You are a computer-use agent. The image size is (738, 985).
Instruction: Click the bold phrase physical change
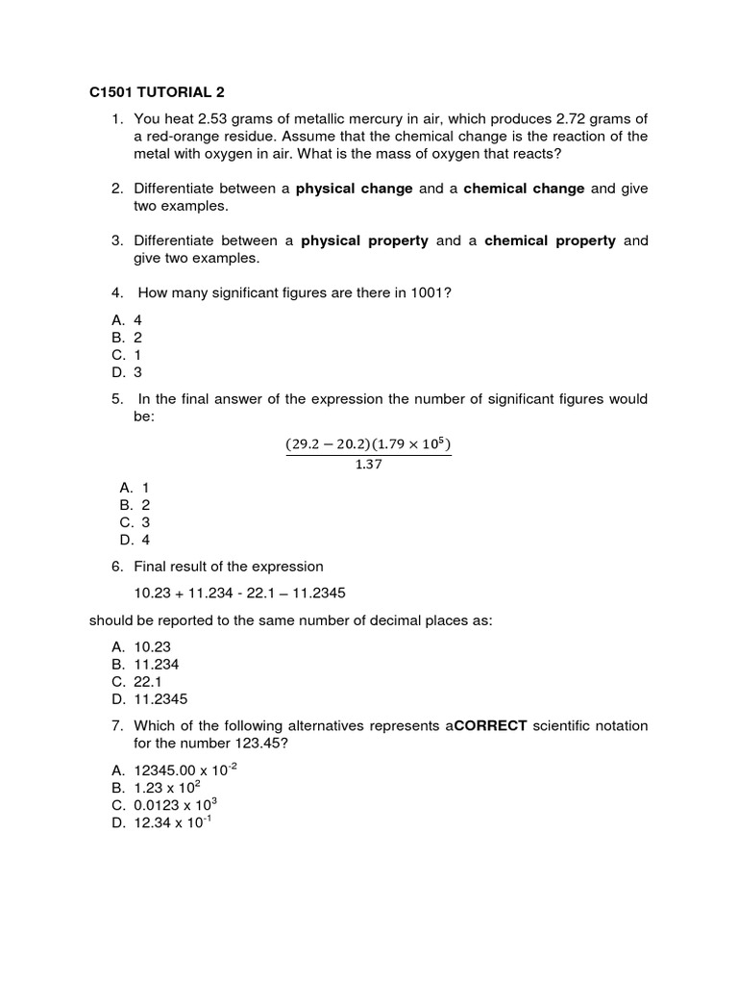[x=355, y=189]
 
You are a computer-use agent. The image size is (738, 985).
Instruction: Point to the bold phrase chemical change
[x=524, y=189]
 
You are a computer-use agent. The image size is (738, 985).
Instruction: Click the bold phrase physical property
[x=364, y=240]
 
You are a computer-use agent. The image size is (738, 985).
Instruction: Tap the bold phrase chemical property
[x=550, y=240]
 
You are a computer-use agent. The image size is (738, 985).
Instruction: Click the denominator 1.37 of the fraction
[x=368, y=465]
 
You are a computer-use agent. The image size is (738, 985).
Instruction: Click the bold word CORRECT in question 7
[x=489, y=725]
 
